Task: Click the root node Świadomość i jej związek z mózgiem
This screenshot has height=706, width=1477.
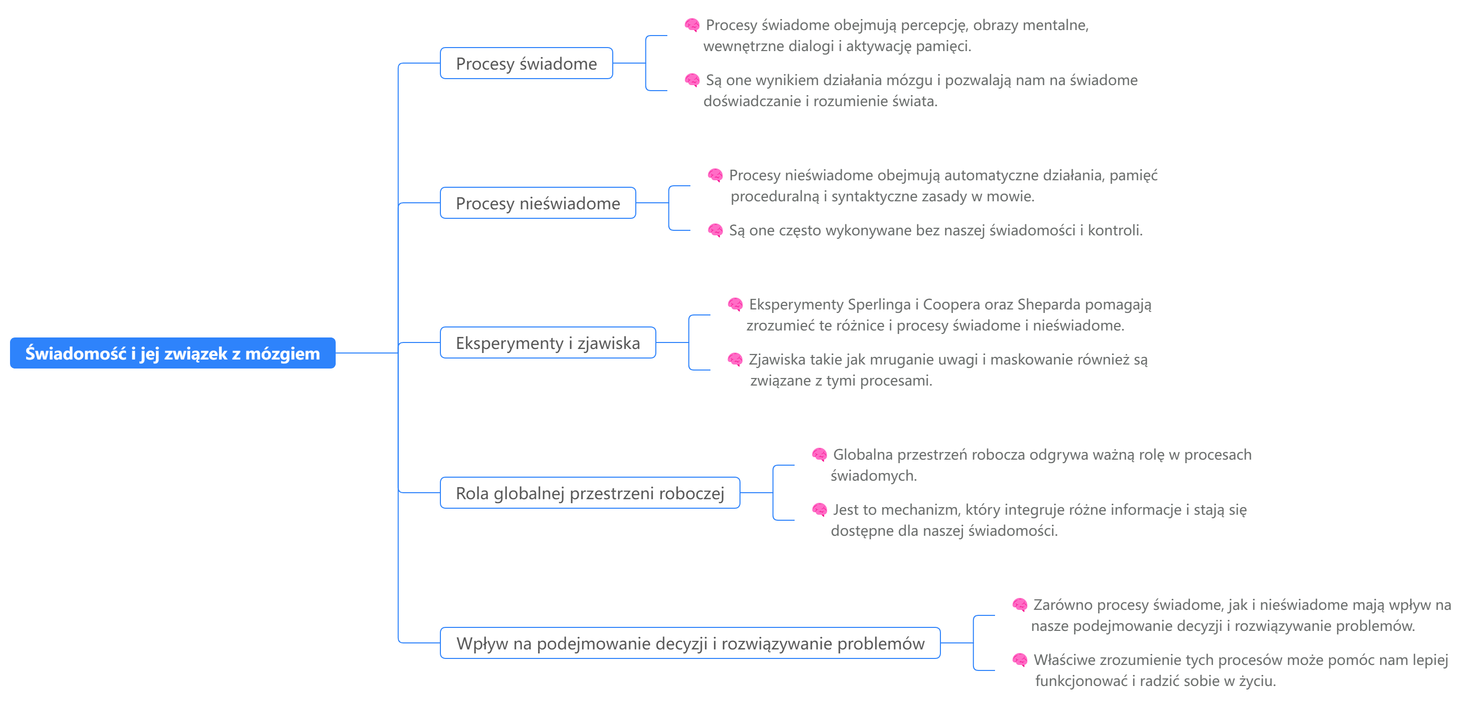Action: click(x=172, y=353)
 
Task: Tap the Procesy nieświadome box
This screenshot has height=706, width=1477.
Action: click(x=537, y=203)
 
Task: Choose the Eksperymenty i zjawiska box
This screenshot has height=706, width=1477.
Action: click(x=547, y=342)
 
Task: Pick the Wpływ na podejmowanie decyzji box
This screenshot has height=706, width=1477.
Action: click(x=690, y=643)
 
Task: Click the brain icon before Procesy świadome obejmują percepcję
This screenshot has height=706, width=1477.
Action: click(x=692, y=25)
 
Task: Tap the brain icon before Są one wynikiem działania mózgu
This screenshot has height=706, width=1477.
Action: click(x=692, y=80)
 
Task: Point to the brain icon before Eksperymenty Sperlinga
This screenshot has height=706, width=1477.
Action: click(x=735, y=304)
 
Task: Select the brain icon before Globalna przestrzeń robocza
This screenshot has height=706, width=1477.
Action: click(x=819, y=455)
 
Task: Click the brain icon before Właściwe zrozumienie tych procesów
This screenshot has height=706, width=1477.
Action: click(x=1020, y=660)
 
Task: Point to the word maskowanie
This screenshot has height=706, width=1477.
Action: click(x=1033, y=360)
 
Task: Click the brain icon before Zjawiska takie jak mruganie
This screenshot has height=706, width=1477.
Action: click(x=735, y=360)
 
